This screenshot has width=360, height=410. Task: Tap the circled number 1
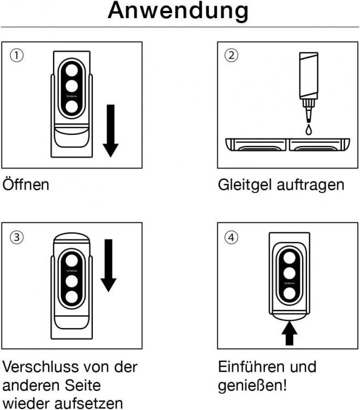17,55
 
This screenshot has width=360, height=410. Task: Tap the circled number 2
232,55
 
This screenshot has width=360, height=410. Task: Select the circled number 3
17,237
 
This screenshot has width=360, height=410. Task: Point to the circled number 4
232,237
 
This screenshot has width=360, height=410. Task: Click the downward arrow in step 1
111,131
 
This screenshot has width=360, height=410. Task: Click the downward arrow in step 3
108,265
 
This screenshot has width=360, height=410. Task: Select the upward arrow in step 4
290,333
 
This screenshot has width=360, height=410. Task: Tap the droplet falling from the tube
309,130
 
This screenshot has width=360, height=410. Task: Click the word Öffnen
26,184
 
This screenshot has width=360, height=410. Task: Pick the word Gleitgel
245,185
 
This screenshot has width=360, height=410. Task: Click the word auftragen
310,185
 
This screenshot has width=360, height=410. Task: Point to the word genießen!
252,386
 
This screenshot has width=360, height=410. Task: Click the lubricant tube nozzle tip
309,121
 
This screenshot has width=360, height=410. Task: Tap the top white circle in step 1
72,71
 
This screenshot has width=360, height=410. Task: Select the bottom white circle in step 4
290,294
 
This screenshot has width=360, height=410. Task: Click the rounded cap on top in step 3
72,238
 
